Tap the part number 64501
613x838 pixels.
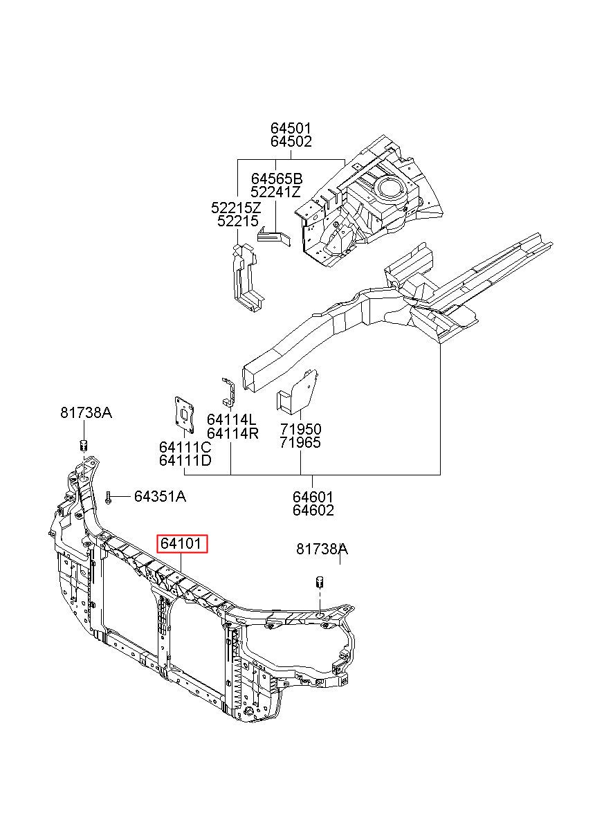pos(291,128)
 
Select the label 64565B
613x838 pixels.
pos(277,179)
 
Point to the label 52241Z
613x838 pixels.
pos(275,192)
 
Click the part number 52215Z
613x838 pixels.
pos(237,208)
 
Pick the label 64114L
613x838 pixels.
pos(232,419)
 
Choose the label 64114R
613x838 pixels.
pos(232,434)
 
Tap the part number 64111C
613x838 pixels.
pos(185,447)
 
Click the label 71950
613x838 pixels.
pos(300,429)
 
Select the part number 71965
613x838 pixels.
pos(300,443)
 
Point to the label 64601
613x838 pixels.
pos(313,497)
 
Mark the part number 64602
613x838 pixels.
pos(313,510)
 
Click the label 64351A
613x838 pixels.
pos(160,496)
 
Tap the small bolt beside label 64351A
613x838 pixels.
pos(109,498)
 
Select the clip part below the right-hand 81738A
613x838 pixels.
pos(320,583)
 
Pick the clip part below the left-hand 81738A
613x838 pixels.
pos(84,446)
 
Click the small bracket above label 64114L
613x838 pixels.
pos(228,391)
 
